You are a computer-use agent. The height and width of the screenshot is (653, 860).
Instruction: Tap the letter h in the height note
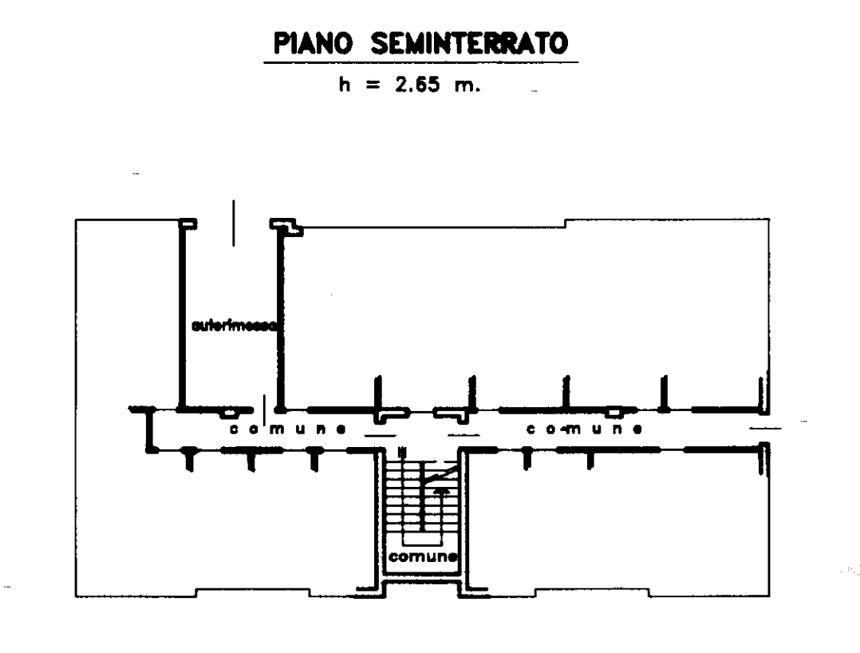[x=345, y=85]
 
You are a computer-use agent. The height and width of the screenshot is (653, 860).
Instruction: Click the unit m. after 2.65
[x=466, y=86]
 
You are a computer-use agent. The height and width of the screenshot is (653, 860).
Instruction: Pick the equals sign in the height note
[x=373, y=86]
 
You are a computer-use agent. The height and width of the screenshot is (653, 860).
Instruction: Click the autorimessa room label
[x=234, y=326]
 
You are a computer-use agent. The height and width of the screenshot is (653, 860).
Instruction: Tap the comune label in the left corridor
[x=287, y=429]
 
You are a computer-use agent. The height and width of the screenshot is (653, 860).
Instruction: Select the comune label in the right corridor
[x=584, y=429]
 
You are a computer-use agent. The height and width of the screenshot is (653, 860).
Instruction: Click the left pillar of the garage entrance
[x=187, y=224]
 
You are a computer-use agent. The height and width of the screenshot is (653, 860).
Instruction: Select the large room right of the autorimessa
[x=519, y=311]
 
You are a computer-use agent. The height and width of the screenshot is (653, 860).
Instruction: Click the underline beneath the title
[x=420, y=61]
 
